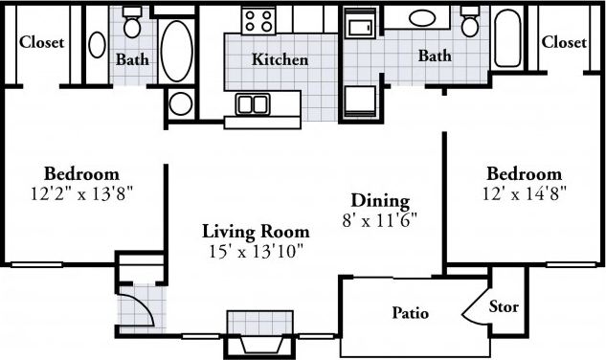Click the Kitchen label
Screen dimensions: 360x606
tap(280, 59)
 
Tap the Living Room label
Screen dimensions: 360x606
tap(256, 231)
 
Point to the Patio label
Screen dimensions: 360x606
tap(410, 313)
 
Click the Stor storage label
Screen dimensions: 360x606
tap(504, 307)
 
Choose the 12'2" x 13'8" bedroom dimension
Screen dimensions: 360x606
tap(81, 192)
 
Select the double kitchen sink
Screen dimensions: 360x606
tap(253, 103)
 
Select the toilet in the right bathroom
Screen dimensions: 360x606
tap(469, 22)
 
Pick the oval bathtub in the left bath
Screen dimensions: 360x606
tap(176, 50)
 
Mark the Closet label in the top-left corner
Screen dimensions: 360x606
tap(41, 42)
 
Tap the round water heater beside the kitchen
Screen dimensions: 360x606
tap(180, 103)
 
